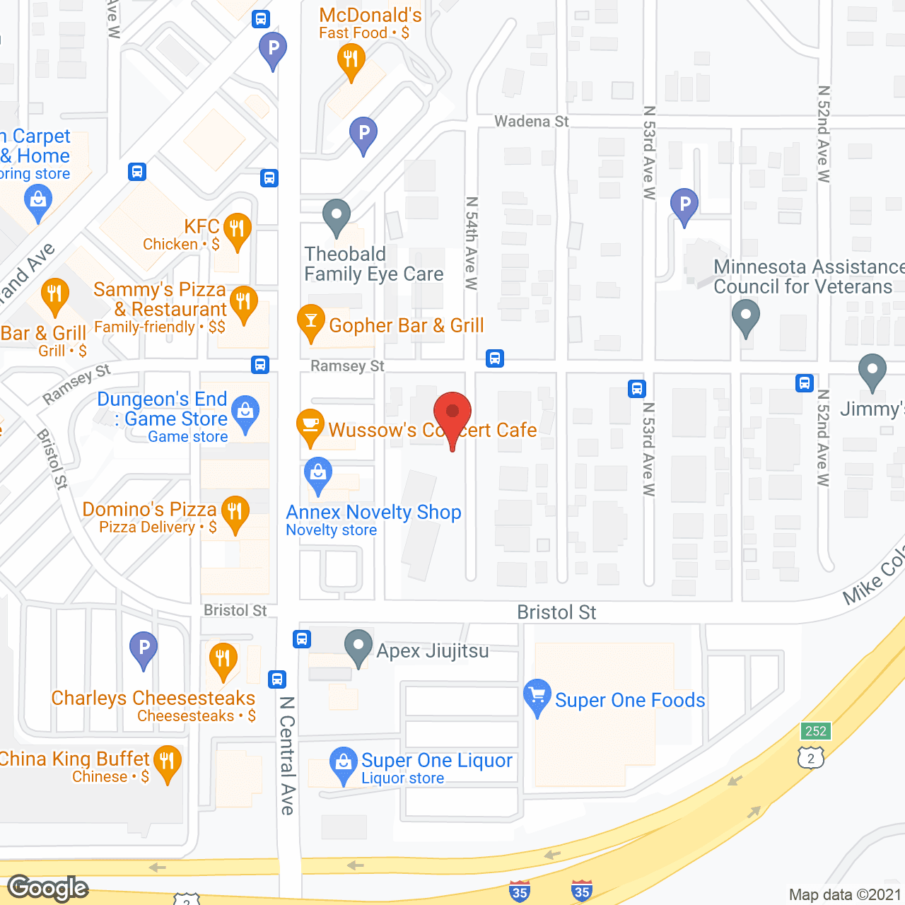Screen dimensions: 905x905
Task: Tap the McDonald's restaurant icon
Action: point(351,59)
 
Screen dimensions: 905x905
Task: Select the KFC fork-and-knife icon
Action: point(238,229)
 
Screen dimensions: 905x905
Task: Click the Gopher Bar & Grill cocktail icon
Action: point(311,322)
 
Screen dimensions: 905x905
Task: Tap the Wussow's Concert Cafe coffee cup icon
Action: point(310,425)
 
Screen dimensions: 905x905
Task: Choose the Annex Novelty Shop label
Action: point(373,512)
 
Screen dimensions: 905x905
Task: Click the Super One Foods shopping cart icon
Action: point(537,695)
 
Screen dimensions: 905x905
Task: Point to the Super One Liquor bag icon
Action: point(344,764)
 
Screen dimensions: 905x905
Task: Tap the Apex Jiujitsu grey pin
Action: point(358,646)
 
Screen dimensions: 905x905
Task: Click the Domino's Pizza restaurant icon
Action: point(235,511)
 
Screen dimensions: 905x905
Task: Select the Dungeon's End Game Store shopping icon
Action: point(245,411)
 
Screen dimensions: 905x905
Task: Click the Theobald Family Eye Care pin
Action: point(337,215)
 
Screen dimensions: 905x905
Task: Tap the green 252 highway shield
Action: point(815,731)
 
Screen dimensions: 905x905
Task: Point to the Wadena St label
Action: point(531,122)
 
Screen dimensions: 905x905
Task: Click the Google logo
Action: point(48,888)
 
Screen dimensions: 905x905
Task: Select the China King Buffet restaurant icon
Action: point(168,762)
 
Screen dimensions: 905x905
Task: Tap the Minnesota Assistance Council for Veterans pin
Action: point(745,315)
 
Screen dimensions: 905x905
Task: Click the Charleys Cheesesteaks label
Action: point(153,698)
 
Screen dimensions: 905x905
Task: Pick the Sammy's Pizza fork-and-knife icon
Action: point(243,302)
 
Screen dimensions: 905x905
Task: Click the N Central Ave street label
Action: point(287,755)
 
